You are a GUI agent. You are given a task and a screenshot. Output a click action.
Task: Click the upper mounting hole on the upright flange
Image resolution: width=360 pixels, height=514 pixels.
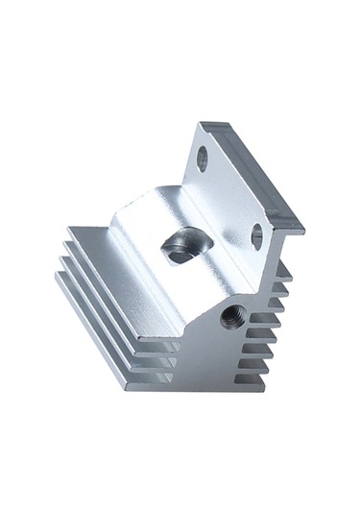coord(203,158)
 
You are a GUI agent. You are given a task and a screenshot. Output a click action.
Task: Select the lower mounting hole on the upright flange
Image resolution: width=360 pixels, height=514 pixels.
coord(256,235)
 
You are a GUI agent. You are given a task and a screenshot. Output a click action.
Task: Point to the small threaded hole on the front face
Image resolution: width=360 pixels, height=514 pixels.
coord(230,314)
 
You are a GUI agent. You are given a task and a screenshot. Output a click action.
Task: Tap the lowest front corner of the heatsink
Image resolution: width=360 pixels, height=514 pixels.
coord(125,390)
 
